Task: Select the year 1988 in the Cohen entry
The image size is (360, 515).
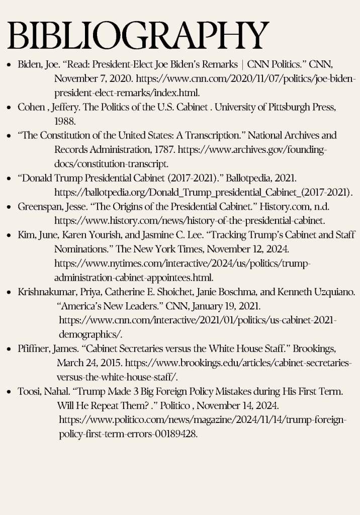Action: click(64, 121)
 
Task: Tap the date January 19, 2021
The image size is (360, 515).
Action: click(221, 306)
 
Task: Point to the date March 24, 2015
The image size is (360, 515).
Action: click(88, 363)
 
